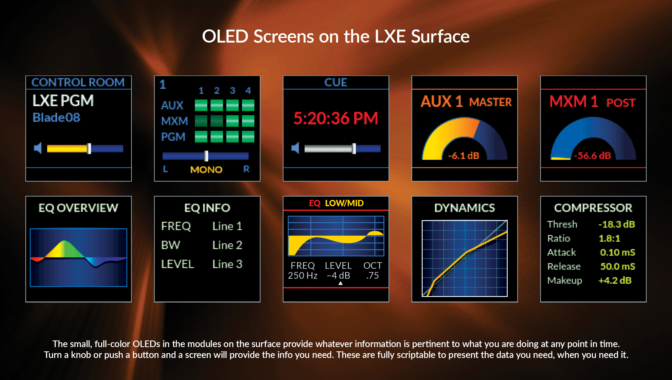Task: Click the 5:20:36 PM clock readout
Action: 335,118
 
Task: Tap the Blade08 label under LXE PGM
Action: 56,118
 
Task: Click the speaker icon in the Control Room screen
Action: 38,148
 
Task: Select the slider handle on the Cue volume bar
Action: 354,148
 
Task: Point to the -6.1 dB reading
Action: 464,156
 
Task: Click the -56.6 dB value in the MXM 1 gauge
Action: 592,156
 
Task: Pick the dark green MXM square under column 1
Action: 201,121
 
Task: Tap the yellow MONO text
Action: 206,170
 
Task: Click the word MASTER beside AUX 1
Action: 490,102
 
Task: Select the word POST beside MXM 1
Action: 621,103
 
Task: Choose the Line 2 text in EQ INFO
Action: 227,245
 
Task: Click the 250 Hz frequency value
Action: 303,276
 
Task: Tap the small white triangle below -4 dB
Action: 340,283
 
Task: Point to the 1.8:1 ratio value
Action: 609,238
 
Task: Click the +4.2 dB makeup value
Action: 615,280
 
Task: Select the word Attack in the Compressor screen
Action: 561,252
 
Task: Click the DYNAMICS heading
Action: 464,208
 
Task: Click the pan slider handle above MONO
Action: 206,156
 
